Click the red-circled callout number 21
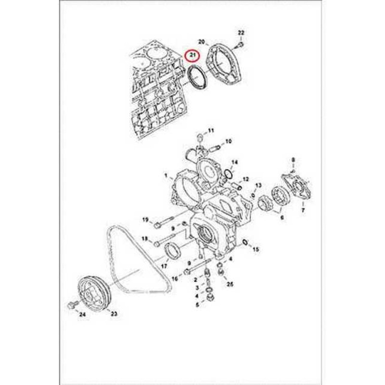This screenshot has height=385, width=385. (x=193, y=55)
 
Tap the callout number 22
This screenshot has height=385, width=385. (x=241, y=32)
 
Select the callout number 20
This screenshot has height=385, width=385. (x=201, y=42)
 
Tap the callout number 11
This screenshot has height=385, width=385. (x=211, y=130)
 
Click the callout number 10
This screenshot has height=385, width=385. (x=228, y=141)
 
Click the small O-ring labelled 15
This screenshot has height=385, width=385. (x=245, y=242)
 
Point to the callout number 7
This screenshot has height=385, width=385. (x=303, y=210)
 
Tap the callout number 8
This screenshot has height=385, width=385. (x=293, y=160)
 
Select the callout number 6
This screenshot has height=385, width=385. (x=282, y=217)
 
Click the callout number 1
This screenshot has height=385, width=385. (x=166, y=176)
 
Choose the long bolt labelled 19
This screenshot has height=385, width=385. (x=165, y=221)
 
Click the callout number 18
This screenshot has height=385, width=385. (x=145, y=238)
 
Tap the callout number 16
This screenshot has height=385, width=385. (x=175, y=279)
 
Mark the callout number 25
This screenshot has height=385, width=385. (x=230, y=284)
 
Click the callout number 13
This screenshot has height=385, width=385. (x=258, y=185)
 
